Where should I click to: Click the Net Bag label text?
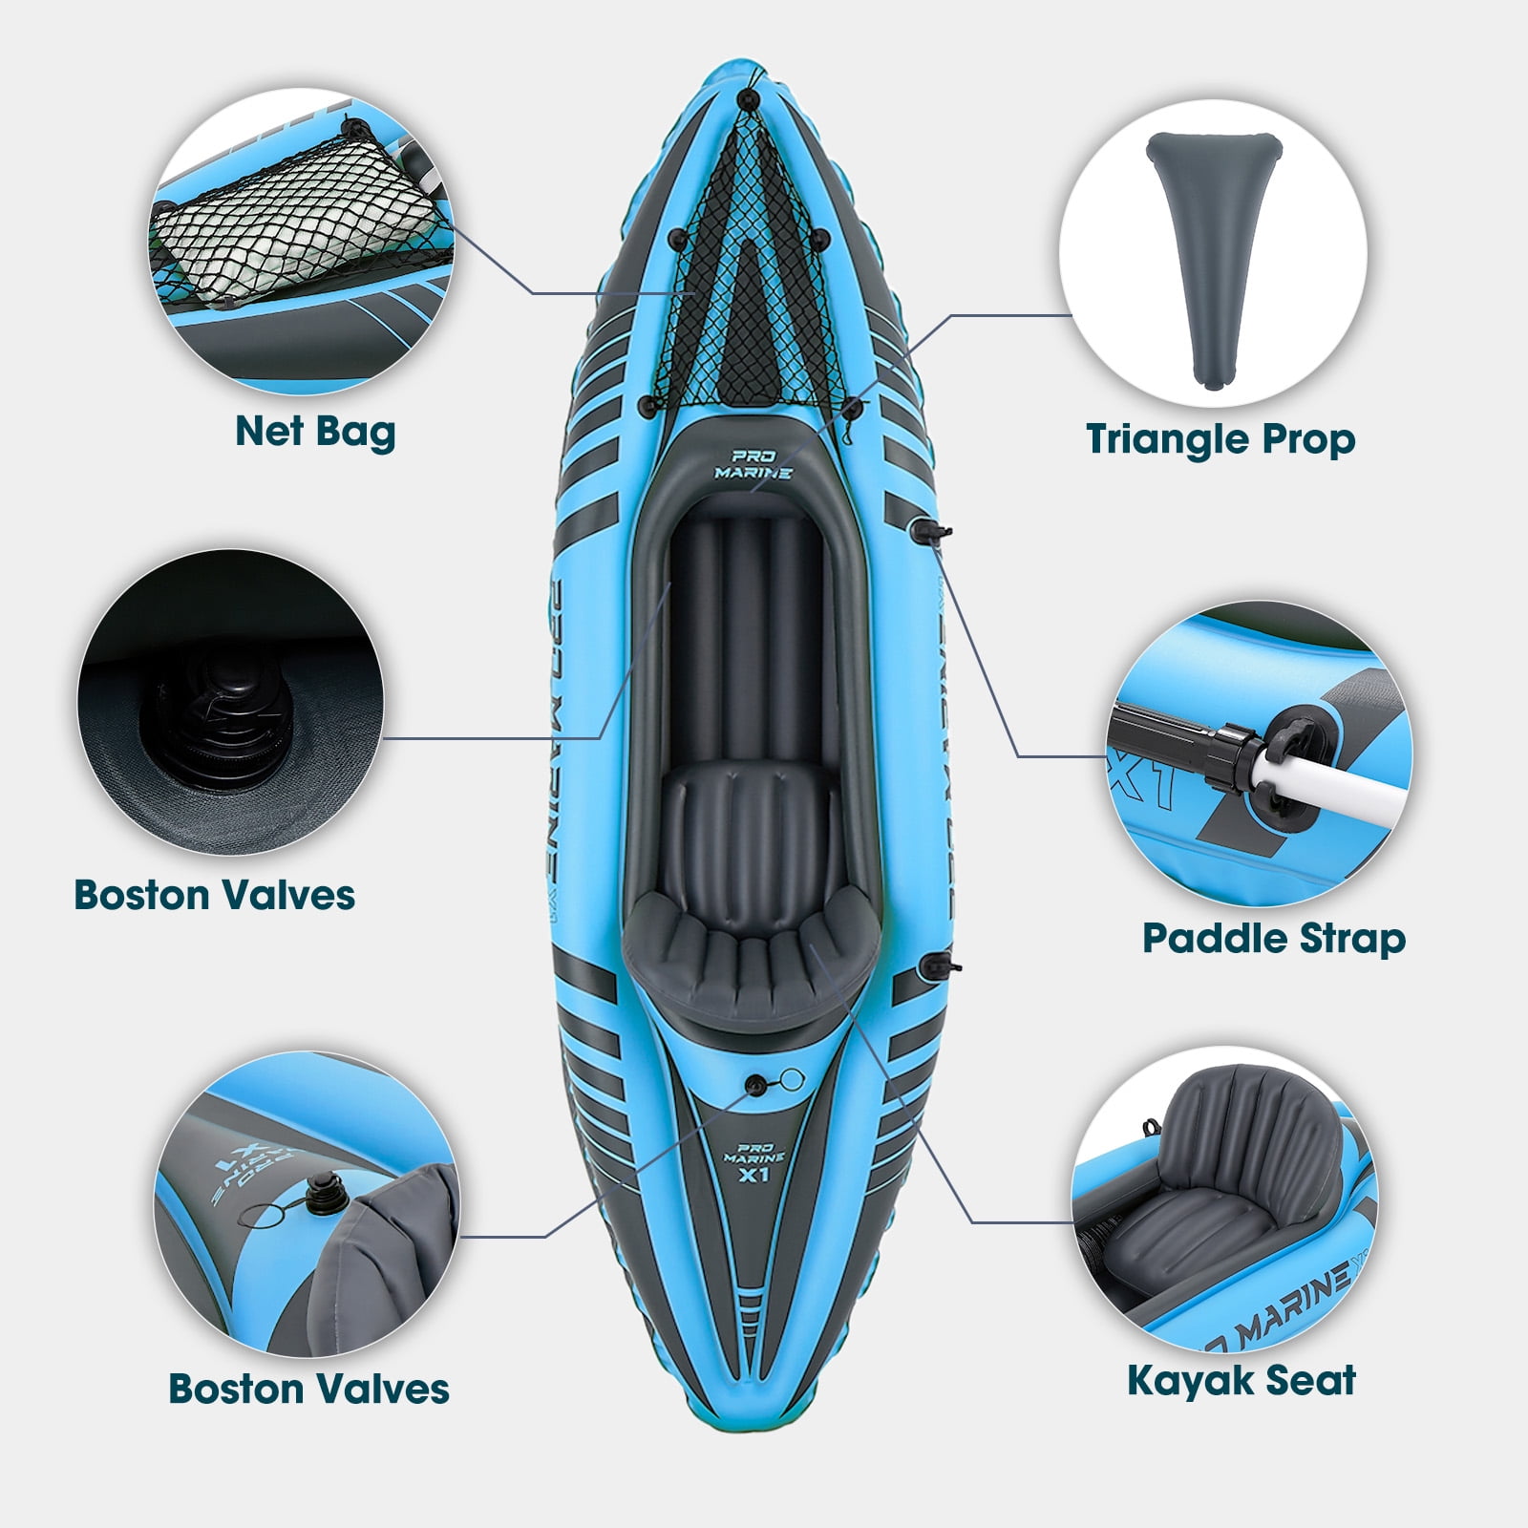click(x=315, y=432)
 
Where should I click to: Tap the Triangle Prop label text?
click(x=1220, y=440)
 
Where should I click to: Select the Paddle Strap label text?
click(x=1274, y=938)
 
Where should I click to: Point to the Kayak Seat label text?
click(x=1241, y=1380)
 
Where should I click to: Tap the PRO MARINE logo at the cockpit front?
click(x=740, y=464)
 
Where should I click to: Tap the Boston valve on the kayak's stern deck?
click(x=756, y=1083)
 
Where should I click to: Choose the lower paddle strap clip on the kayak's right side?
click(x=930, y=966)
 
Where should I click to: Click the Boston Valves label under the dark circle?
click(x=215, y=896)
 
